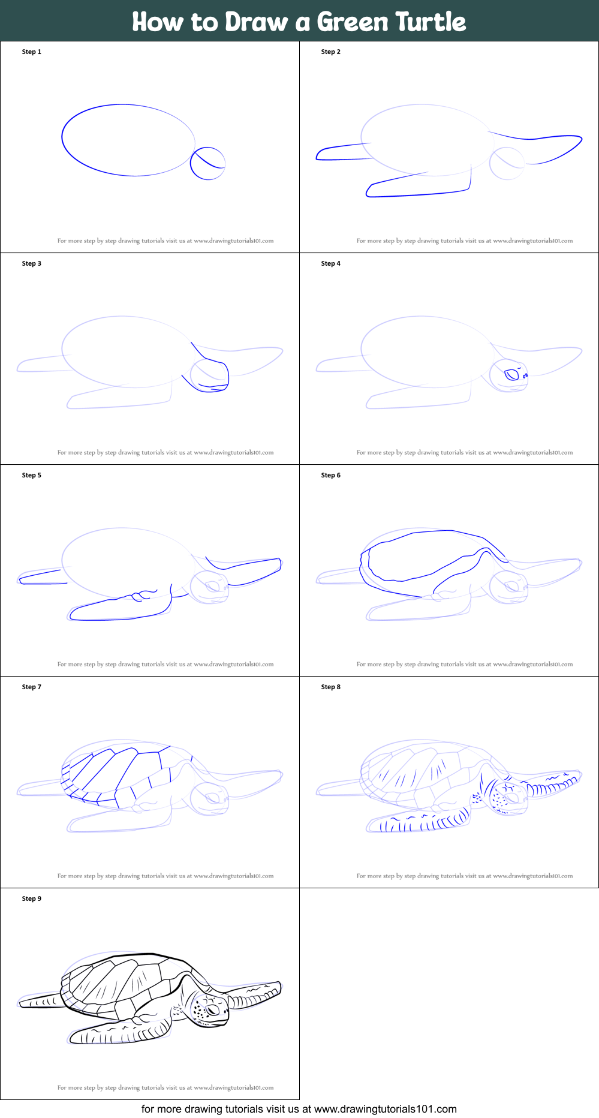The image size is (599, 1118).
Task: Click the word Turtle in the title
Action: coord(431,22)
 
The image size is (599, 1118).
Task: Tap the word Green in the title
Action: coord(353,22)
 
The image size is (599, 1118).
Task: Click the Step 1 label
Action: coord(32,52)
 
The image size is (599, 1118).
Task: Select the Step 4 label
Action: coord(331,263)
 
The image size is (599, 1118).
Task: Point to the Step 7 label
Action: coord(32,687)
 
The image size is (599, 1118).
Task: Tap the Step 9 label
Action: coord(32,898)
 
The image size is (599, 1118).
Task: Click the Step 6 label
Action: coord(331,475)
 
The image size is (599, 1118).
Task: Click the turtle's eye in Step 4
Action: coord(511,375)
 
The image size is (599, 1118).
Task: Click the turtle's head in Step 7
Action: coord(209,798)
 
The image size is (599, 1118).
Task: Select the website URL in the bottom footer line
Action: coord(386,1109)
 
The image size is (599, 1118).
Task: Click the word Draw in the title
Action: coord(257,22)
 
